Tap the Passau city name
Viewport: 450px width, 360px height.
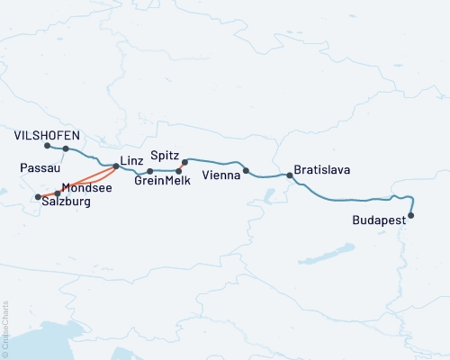click(38, 167)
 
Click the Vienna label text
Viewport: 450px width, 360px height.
click(221, 175)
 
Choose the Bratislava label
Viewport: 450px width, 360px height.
click(321, 169)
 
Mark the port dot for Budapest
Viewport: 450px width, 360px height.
click(411, 215)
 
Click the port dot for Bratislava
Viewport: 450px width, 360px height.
click(290, 175)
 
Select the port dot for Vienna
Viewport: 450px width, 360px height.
click(246, 170)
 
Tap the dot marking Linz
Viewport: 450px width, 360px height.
click(116, 166)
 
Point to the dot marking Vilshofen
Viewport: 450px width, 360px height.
click(46, 145)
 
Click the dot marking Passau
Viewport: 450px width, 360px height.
click(66, 149)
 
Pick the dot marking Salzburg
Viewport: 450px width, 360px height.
click(37, 197)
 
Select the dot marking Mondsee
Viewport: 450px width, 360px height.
click(58, 193)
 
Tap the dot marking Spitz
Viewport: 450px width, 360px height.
click(184, 163)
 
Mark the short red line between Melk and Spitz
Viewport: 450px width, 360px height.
click(182, 166)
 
